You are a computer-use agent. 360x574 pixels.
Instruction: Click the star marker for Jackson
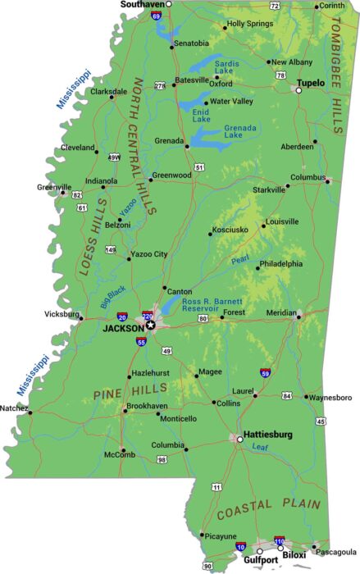pyautogui.click(x=150, y=325)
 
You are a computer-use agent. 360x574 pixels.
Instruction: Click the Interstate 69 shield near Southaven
pyautogui.click(x=155, y=13)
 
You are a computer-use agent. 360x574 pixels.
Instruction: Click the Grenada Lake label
pyautogui.click(x=241, y=131)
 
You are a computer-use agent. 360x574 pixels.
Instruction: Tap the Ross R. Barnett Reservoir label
pyautogui.click(x=213, y=306)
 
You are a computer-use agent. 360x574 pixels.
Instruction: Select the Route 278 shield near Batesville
pyautogui.click(x=160, y=85)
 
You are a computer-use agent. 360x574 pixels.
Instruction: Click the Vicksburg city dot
pyautogui.click(x=80, y=315)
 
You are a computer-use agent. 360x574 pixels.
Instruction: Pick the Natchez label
pyautogui.click(x=14, y=408)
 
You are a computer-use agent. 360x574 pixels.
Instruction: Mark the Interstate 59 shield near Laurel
pyautogui.click(x=266, y=373)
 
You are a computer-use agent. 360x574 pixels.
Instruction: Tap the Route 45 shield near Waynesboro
pyautogui.click(x=321, y=421)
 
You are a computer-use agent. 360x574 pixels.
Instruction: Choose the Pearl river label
pyautogui.click(x=239, y=262)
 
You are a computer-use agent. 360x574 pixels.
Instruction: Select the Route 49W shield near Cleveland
pyautogui.click(x=114, y=157)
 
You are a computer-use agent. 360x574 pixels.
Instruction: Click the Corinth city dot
pyautogui.click(x=317, y=7)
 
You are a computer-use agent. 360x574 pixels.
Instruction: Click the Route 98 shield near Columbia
pyautogui.click(x=162, y=459)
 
